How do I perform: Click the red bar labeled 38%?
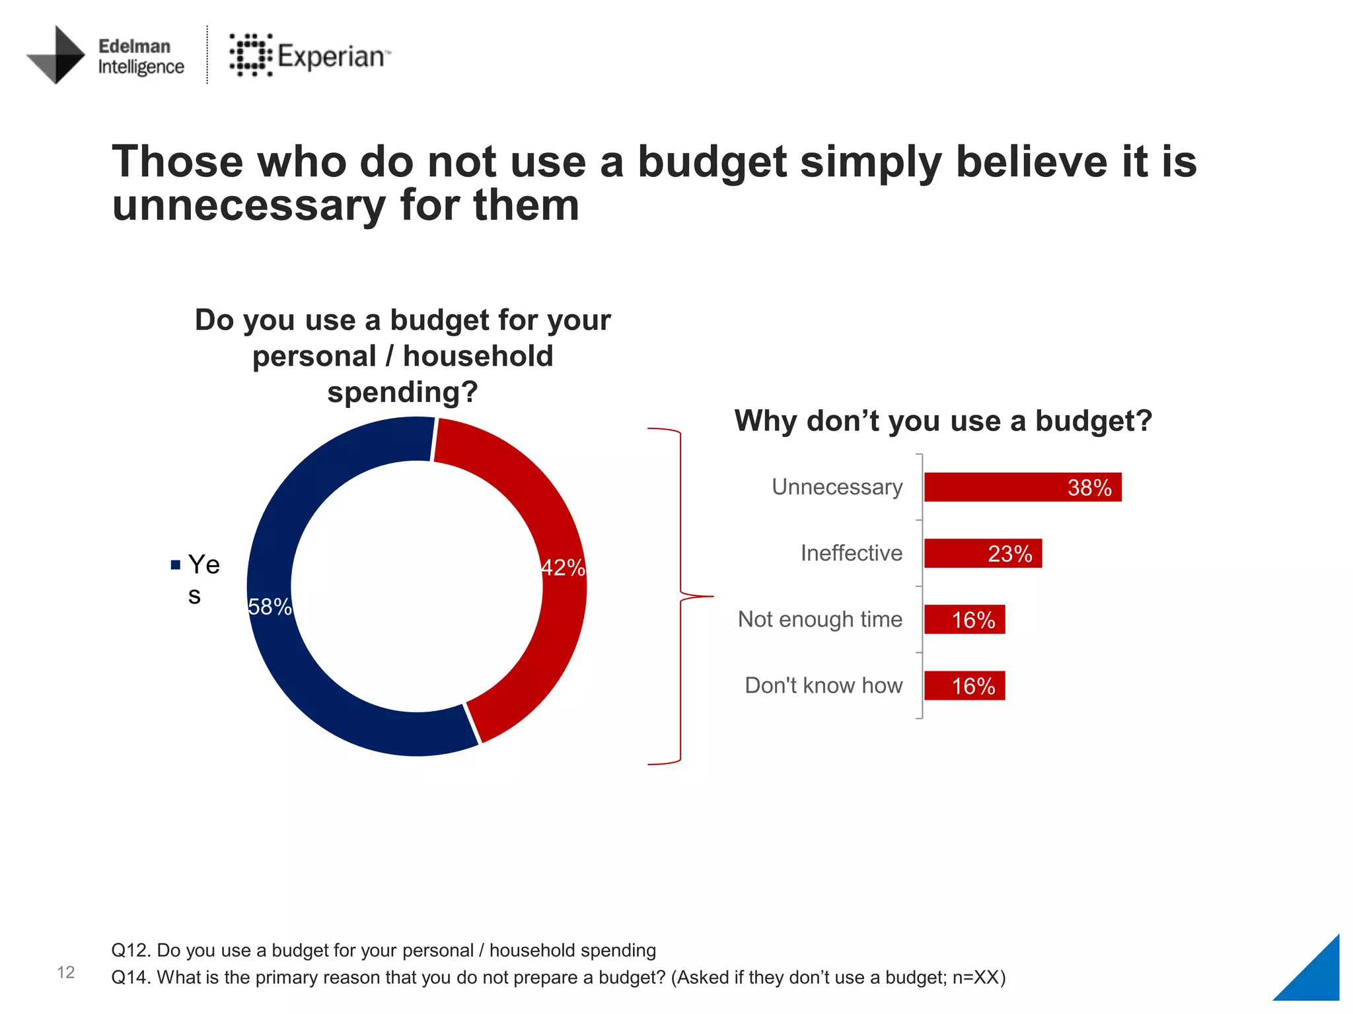[1022, 487]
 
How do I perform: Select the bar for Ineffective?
[982, 553]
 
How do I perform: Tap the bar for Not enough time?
[964, 619]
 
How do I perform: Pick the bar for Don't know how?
[964, 685]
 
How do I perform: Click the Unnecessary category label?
[836, 487]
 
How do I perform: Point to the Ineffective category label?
[851, 553]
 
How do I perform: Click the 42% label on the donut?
[563, 568]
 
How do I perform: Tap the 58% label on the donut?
[270, 606]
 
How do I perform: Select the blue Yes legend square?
[175, 564]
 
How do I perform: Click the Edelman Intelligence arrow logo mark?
[57, 55]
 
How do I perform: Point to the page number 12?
[65, 972]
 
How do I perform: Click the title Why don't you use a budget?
[943, 421]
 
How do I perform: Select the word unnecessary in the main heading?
[248, 205]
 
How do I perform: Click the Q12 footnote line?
[383, 950]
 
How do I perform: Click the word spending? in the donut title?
[402, 392]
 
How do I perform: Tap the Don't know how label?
[823, 685]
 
